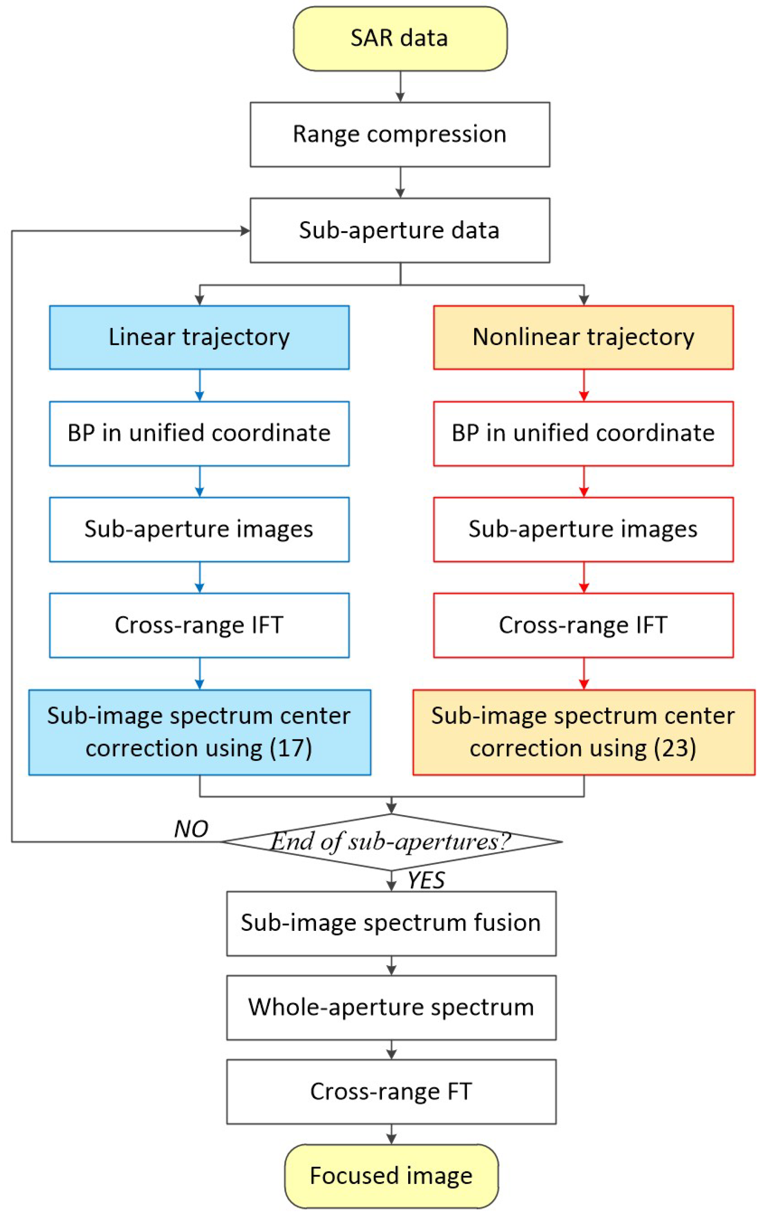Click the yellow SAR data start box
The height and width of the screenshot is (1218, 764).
tap(400, 38)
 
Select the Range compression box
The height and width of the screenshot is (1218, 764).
tap(400, 134)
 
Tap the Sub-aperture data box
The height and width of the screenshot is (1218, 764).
tap(400, 231)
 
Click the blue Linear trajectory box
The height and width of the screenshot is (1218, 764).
tap(199, 337)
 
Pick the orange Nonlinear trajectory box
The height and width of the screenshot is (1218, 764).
tap(583, 337)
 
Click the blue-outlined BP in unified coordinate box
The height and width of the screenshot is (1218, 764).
tap(199, 433)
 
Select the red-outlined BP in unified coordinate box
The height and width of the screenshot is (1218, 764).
tap(583, 433)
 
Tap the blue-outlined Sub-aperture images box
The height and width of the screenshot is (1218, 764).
tap(199, 529)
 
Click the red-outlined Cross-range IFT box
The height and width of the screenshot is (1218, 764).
tap(583, 625)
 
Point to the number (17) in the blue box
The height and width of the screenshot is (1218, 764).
tap(291, 748)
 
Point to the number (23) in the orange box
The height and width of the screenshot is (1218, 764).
tap(675, 748)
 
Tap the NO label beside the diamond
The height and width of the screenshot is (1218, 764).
tap(191, 829)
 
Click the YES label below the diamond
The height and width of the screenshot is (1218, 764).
tap(426, 880)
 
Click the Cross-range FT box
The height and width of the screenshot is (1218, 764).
tap(391, 1092)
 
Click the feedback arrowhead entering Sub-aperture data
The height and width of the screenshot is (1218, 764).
tap(245, 231)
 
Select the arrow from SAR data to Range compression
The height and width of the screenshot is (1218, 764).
tap(400, 87)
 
